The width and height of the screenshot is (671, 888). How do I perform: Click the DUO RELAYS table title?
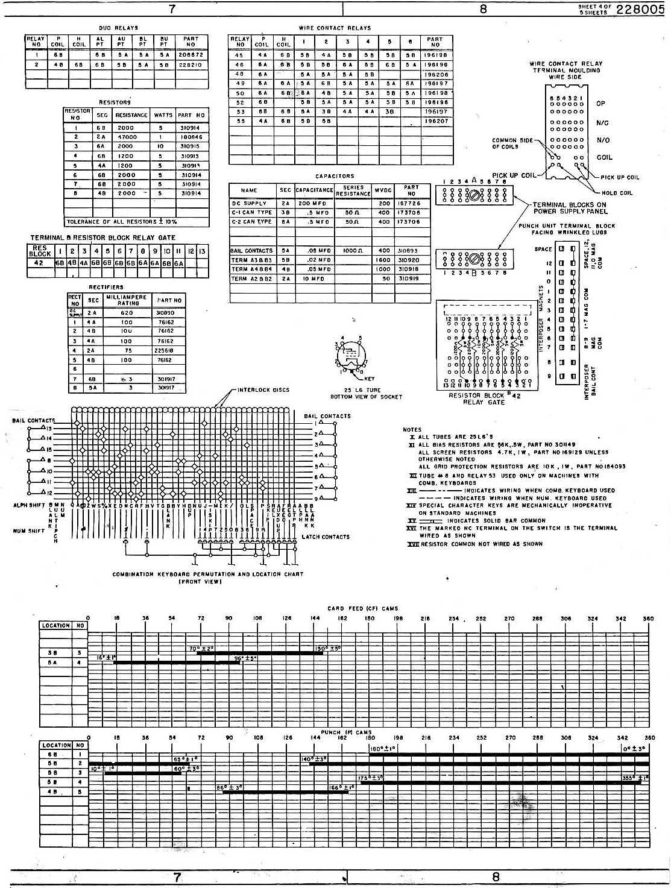[x=119, y=28]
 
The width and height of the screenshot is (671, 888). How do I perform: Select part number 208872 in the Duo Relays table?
[x=191, y=54]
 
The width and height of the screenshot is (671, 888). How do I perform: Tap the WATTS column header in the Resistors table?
[x=163, y=115]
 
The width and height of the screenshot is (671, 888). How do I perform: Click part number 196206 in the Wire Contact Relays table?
[x=435, y=74]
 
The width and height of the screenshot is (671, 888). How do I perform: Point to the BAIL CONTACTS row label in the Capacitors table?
[x=251, y=250]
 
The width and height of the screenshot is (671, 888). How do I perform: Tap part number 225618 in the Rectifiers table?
[x=165, y=350]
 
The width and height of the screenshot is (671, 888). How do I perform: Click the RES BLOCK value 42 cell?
[x=39, y=263]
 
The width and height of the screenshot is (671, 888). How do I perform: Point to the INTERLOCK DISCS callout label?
[x=263, y=389]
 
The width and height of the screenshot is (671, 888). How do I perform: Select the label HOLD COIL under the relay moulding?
[x=618, y=193]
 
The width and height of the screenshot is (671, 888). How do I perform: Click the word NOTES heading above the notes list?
[x=412, y=430]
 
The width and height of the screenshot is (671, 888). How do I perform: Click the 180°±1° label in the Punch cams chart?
[x=382, y=748]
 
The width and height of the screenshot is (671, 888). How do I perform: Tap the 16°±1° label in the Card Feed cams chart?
[x=106, y=657]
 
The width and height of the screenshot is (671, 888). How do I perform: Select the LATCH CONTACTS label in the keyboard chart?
[x=326, y=537]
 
